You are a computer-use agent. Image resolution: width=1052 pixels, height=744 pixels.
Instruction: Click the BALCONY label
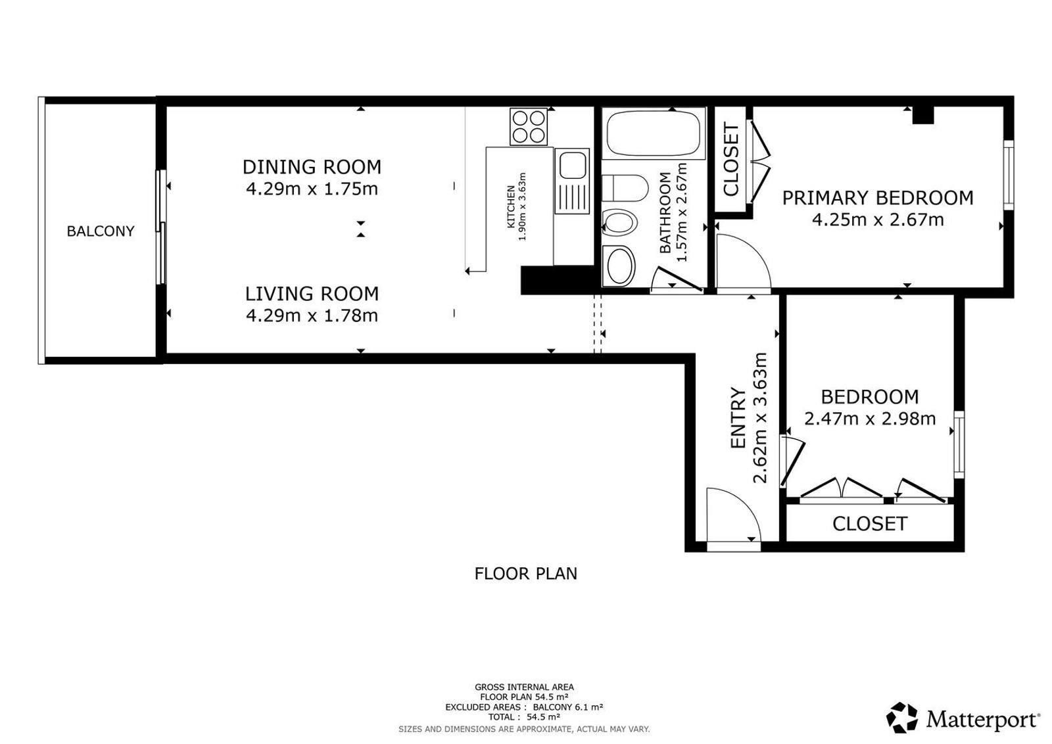(101, 231)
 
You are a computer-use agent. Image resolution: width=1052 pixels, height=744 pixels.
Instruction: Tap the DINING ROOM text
(312, 167)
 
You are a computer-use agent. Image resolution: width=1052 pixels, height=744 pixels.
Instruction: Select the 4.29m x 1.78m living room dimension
(312, 315)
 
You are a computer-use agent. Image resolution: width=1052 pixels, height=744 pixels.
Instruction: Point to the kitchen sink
(572, 181)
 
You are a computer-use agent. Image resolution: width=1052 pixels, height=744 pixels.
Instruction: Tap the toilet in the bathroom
(625, 187)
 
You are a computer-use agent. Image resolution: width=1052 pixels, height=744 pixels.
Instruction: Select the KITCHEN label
(512, 207)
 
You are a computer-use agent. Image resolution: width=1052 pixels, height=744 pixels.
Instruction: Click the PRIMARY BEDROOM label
(878, 198)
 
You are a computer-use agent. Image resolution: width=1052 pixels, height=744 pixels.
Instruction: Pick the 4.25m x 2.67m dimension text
(878, 220)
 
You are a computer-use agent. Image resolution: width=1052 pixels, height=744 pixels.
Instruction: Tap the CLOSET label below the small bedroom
(870, 524)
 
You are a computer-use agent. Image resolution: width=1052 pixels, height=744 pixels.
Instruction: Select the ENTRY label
(739, 418)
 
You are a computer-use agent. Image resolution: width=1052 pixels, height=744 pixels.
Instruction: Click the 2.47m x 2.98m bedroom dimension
(870, 418)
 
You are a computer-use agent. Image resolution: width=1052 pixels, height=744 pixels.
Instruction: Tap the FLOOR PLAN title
(525, 574)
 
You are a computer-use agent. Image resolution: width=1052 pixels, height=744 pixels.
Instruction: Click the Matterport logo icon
(901, 717)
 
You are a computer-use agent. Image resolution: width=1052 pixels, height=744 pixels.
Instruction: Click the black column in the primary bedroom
(923, 116)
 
